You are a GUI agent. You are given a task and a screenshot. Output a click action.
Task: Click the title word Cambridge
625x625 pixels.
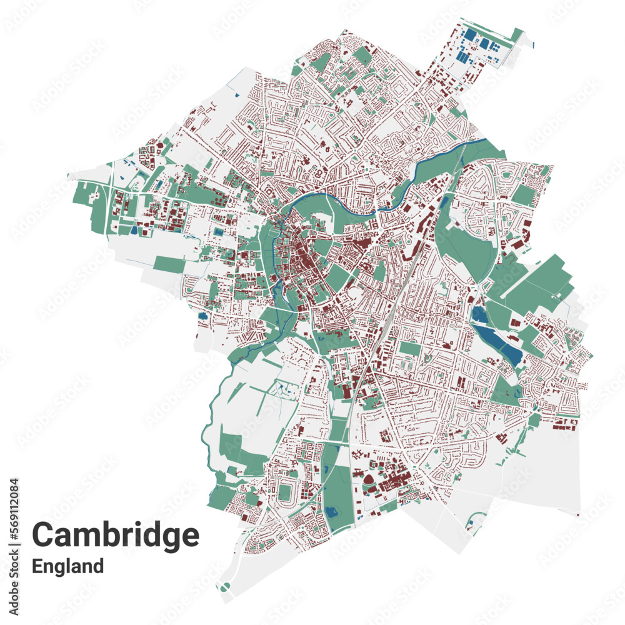(116, 536)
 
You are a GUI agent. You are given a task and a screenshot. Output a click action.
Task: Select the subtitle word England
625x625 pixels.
(67, 566)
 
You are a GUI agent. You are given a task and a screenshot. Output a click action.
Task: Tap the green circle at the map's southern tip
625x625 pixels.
(226, 586)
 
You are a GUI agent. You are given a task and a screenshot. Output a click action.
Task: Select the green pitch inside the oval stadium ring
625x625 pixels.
(285, 492)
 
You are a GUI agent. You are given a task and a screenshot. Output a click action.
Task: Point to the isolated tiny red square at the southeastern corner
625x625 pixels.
(578, 515)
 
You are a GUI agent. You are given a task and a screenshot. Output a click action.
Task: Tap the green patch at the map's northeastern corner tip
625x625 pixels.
(517, 34)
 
